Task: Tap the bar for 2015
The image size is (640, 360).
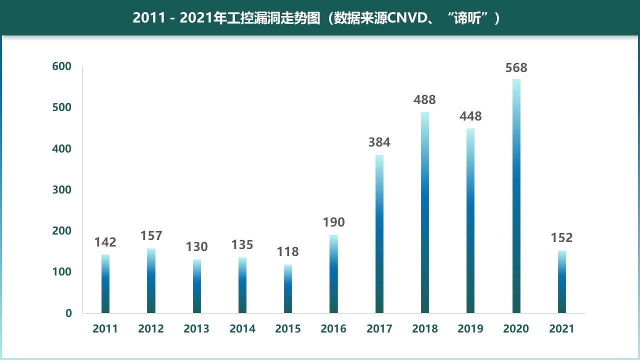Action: pos(287,288)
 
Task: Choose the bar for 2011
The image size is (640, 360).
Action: pos(105,283)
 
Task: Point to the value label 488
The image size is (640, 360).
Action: pos(424,100)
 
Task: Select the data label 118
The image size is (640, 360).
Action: pos(287,252)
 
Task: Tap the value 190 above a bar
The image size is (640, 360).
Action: pos(333,222)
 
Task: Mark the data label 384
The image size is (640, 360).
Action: pos(379,142)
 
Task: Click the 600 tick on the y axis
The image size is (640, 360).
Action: pos(62,66)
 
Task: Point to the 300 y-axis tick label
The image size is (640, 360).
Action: pos(62,190)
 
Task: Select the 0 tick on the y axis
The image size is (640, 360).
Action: pos(68,313)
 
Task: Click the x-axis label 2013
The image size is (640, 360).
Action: pos(196,329)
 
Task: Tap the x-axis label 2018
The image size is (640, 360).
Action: pos(424,329)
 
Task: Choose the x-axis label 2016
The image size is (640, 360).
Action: pos(333,329)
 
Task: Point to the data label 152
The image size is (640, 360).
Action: pos(561,238)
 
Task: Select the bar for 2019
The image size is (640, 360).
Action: pos(470,220)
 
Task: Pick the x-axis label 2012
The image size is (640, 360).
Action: pos(151,329)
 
